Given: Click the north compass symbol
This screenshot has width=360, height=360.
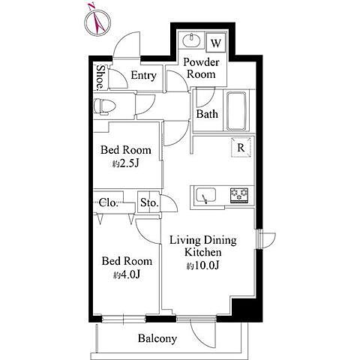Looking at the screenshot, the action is point(97,21).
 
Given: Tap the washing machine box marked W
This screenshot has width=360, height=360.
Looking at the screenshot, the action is point(216,43).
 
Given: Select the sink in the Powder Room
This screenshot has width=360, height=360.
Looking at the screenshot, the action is point(191,40).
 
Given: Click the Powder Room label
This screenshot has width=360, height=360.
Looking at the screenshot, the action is point(201,68).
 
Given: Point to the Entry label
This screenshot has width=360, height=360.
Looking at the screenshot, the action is point(143,75).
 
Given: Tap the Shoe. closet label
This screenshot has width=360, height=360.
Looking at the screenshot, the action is point(100,77).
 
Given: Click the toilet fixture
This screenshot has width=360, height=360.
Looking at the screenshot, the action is point(104,106).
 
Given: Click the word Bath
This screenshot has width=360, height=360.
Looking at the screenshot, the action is point(207,114).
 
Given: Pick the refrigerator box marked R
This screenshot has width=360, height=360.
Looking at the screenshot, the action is point(241,147).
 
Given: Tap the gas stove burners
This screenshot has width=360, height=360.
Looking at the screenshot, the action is point(239,195).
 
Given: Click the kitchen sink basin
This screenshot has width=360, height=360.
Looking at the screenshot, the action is point(206,195).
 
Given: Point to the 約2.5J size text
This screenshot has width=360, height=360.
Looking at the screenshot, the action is point(125,163).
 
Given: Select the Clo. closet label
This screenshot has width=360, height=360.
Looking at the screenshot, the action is point(109,202).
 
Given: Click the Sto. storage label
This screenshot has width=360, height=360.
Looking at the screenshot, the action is point(149,202).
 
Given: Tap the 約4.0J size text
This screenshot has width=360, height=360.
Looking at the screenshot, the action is point(127,274).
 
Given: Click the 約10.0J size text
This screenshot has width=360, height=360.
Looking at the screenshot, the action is point(202,265).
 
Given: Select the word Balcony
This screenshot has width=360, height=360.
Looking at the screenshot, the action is point(157,338).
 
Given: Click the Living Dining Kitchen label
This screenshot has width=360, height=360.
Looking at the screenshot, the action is point(203,246).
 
